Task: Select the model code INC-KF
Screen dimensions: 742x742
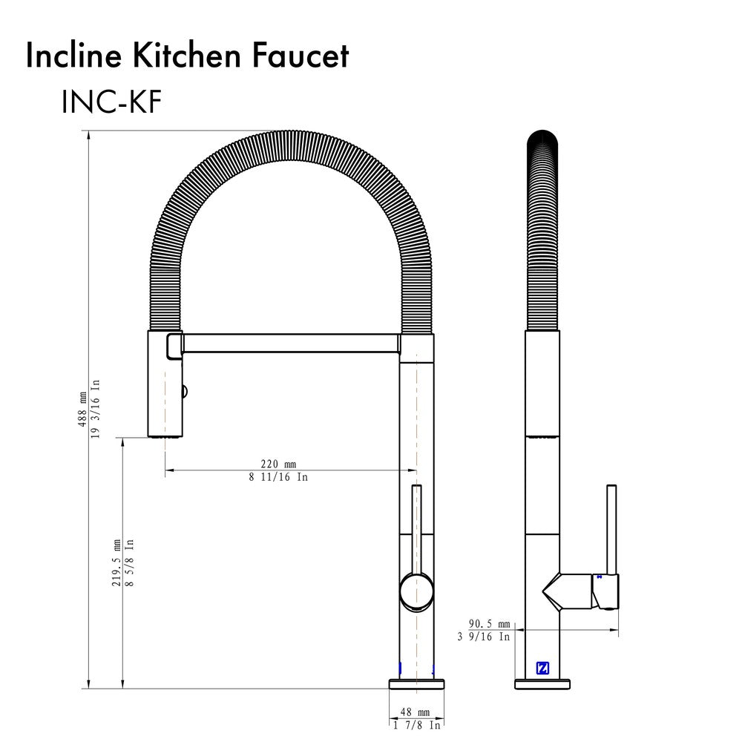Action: click(x=111, y=103)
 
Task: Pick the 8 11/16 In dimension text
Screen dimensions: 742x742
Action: click(x=278, y=477)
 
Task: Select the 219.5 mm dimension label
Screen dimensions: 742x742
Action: click(x=116, y=562)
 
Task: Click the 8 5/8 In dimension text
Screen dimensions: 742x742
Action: click(x=129, y=562)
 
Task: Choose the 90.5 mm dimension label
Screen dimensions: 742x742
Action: click(x=489, y=623)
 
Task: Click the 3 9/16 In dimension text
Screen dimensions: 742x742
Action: click(x=484, y=636)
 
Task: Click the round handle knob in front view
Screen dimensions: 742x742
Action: click(x=416, y=591)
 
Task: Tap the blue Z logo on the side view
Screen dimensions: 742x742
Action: click(x=542, y=668)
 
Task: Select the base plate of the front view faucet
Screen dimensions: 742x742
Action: click(x=416, y=683)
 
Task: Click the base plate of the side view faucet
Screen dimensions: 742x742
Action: click(x=542, y=683)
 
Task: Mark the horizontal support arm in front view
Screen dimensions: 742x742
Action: click(x=289, y=344)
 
